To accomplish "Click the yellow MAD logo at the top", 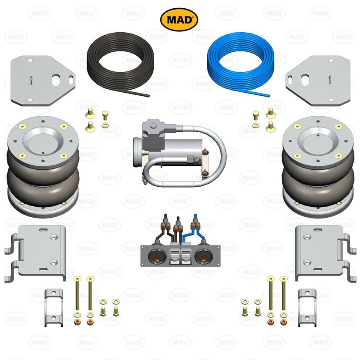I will coord(179,19).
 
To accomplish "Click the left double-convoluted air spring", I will coord(43,168).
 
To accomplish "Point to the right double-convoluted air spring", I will coord(317,168).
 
